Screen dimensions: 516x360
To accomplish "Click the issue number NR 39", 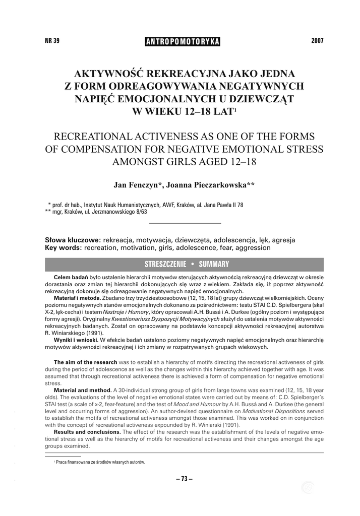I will coord(52,41).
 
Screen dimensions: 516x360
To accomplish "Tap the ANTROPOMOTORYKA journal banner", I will coord(183,41).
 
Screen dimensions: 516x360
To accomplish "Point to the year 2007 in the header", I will coord(318,41).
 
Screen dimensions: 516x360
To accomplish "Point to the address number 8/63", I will coord(141,212).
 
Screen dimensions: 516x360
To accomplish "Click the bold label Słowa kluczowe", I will coord(73,240).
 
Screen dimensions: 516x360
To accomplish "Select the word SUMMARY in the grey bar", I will coord(214,264).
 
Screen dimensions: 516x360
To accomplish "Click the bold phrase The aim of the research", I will coord(85,362).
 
